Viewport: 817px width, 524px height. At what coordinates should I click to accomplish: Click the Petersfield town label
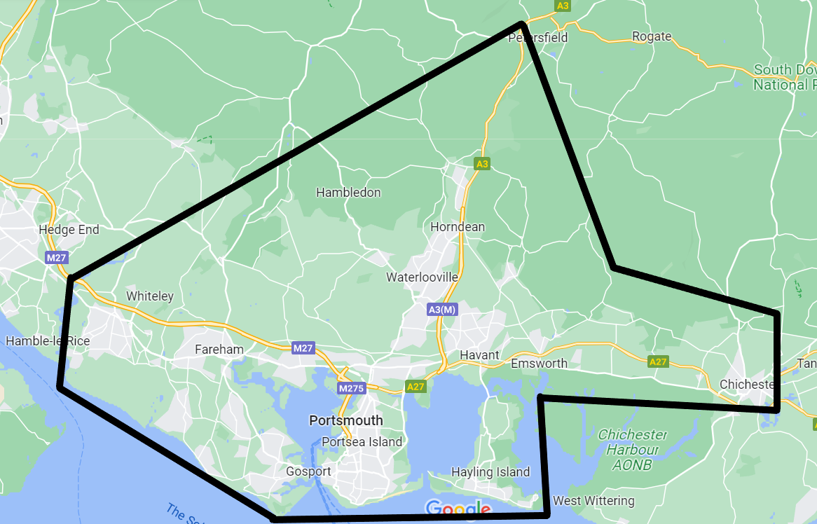pyautogui.click(x=537, y=37)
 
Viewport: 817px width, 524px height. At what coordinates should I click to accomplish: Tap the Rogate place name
pyautogui.click(x=651, y=36)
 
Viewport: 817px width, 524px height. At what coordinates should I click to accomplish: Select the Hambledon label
pyautogui.click(x=348, y=193)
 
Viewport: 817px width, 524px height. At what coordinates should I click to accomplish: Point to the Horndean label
pyautogui.click(x=458, y=227)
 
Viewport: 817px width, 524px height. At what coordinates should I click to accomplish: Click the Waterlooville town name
pyautogui.click(x=422, y=277)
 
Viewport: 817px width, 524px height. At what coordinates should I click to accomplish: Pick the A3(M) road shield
pyautogui.click(x=442, y=309)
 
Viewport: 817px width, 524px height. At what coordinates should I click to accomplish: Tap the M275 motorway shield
pyautogui.click(x=351, y=388)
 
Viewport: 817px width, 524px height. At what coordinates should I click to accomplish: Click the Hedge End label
pyautogui.click(x=69, y=230)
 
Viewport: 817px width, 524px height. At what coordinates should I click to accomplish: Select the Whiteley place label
pyautogui.click(x=149, y=296)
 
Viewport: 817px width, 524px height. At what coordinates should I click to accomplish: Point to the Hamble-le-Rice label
pyautogui.click(x=48, y=341)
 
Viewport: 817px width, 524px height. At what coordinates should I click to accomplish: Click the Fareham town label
pyautogui.click(x=219, y=350)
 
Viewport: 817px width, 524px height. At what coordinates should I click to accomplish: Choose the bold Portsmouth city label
pyautogui.click(x=346, y=420)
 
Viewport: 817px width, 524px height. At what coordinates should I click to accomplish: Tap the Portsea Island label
pyautogui.click(x=362, y=441)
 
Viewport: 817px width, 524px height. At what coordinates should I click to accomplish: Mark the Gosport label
pyautogui.click(x=308, y=471)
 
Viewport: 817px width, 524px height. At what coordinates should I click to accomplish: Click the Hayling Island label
pyautogui.click(x=490, y=472)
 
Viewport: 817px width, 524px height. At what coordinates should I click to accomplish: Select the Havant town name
pyautogui.click(x=479, y=355)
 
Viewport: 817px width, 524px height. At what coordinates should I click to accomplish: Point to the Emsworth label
pyautogui.click(x=539, y=364)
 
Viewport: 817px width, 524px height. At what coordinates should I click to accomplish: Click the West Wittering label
pyautogui.click(x=593, y=501)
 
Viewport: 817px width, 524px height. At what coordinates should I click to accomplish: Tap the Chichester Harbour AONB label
pyautogui.click(x=633, y=449)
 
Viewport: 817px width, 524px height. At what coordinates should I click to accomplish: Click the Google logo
pyautogui.click(x=458, y=509)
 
